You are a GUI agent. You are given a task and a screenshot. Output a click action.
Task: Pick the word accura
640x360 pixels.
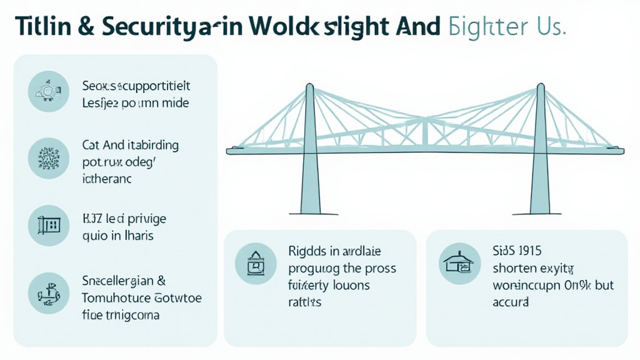click(511, 302)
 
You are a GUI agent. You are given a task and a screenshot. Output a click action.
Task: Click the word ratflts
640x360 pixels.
click(305, 302)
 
